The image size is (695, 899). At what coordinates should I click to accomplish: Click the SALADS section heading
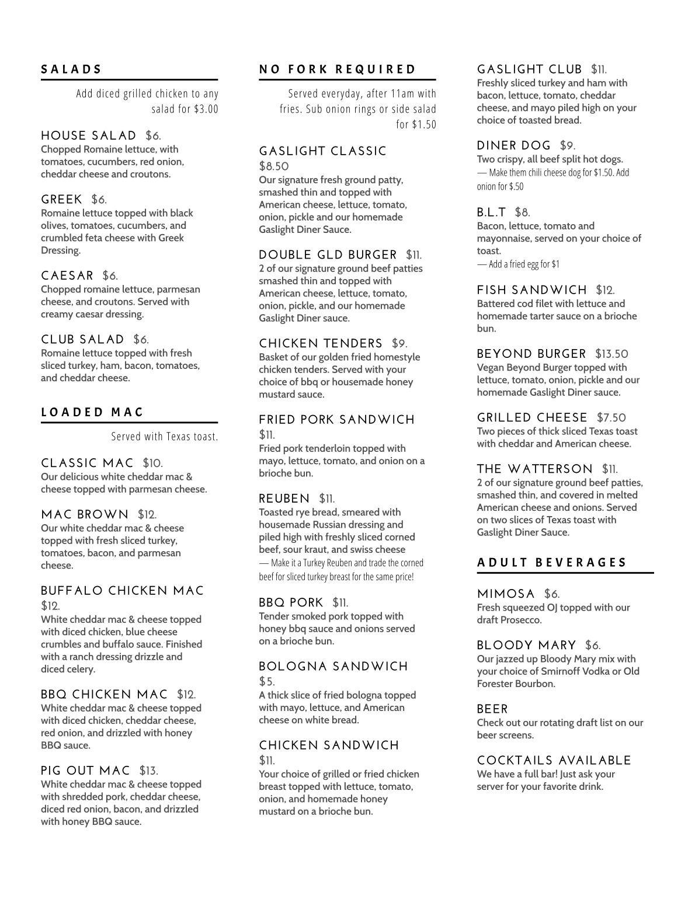coord(71,69)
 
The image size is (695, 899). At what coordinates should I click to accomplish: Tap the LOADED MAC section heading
coord(92,412)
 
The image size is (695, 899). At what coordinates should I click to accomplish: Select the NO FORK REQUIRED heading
coord(338,69)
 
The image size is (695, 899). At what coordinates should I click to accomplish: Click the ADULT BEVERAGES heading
coord(552,563)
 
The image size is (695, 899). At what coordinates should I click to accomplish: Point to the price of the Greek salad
coord(99,200)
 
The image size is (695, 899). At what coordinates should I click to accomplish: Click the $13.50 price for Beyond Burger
coord(611,354)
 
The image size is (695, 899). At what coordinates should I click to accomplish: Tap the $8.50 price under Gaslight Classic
coord(274,166)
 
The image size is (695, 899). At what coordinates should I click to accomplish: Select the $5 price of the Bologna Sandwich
coord(267,682)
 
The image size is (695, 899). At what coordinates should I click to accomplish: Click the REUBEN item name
coord(284,499)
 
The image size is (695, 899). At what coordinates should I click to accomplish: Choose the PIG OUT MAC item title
coord(85,771)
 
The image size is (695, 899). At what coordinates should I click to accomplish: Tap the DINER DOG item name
coord(514,146)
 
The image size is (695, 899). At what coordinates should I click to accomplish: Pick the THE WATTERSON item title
coord(534,469)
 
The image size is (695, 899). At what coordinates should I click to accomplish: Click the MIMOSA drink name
coord(506,594)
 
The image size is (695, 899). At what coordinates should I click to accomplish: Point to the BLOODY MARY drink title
coord(526,646)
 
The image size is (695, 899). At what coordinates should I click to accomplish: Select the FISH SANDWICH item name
coord(532,291)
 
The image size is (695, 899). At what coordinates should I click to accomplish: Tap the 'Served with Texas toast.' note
coord(165,437)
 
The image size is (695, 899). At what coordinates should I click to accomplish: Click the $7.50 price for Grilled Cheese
coord(611,418)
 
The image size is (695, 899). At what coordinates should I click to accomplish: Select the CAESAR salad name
coord(67,276)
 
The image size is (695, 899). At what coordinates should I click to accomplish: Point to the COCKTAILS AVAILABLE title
coord(554,761)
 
